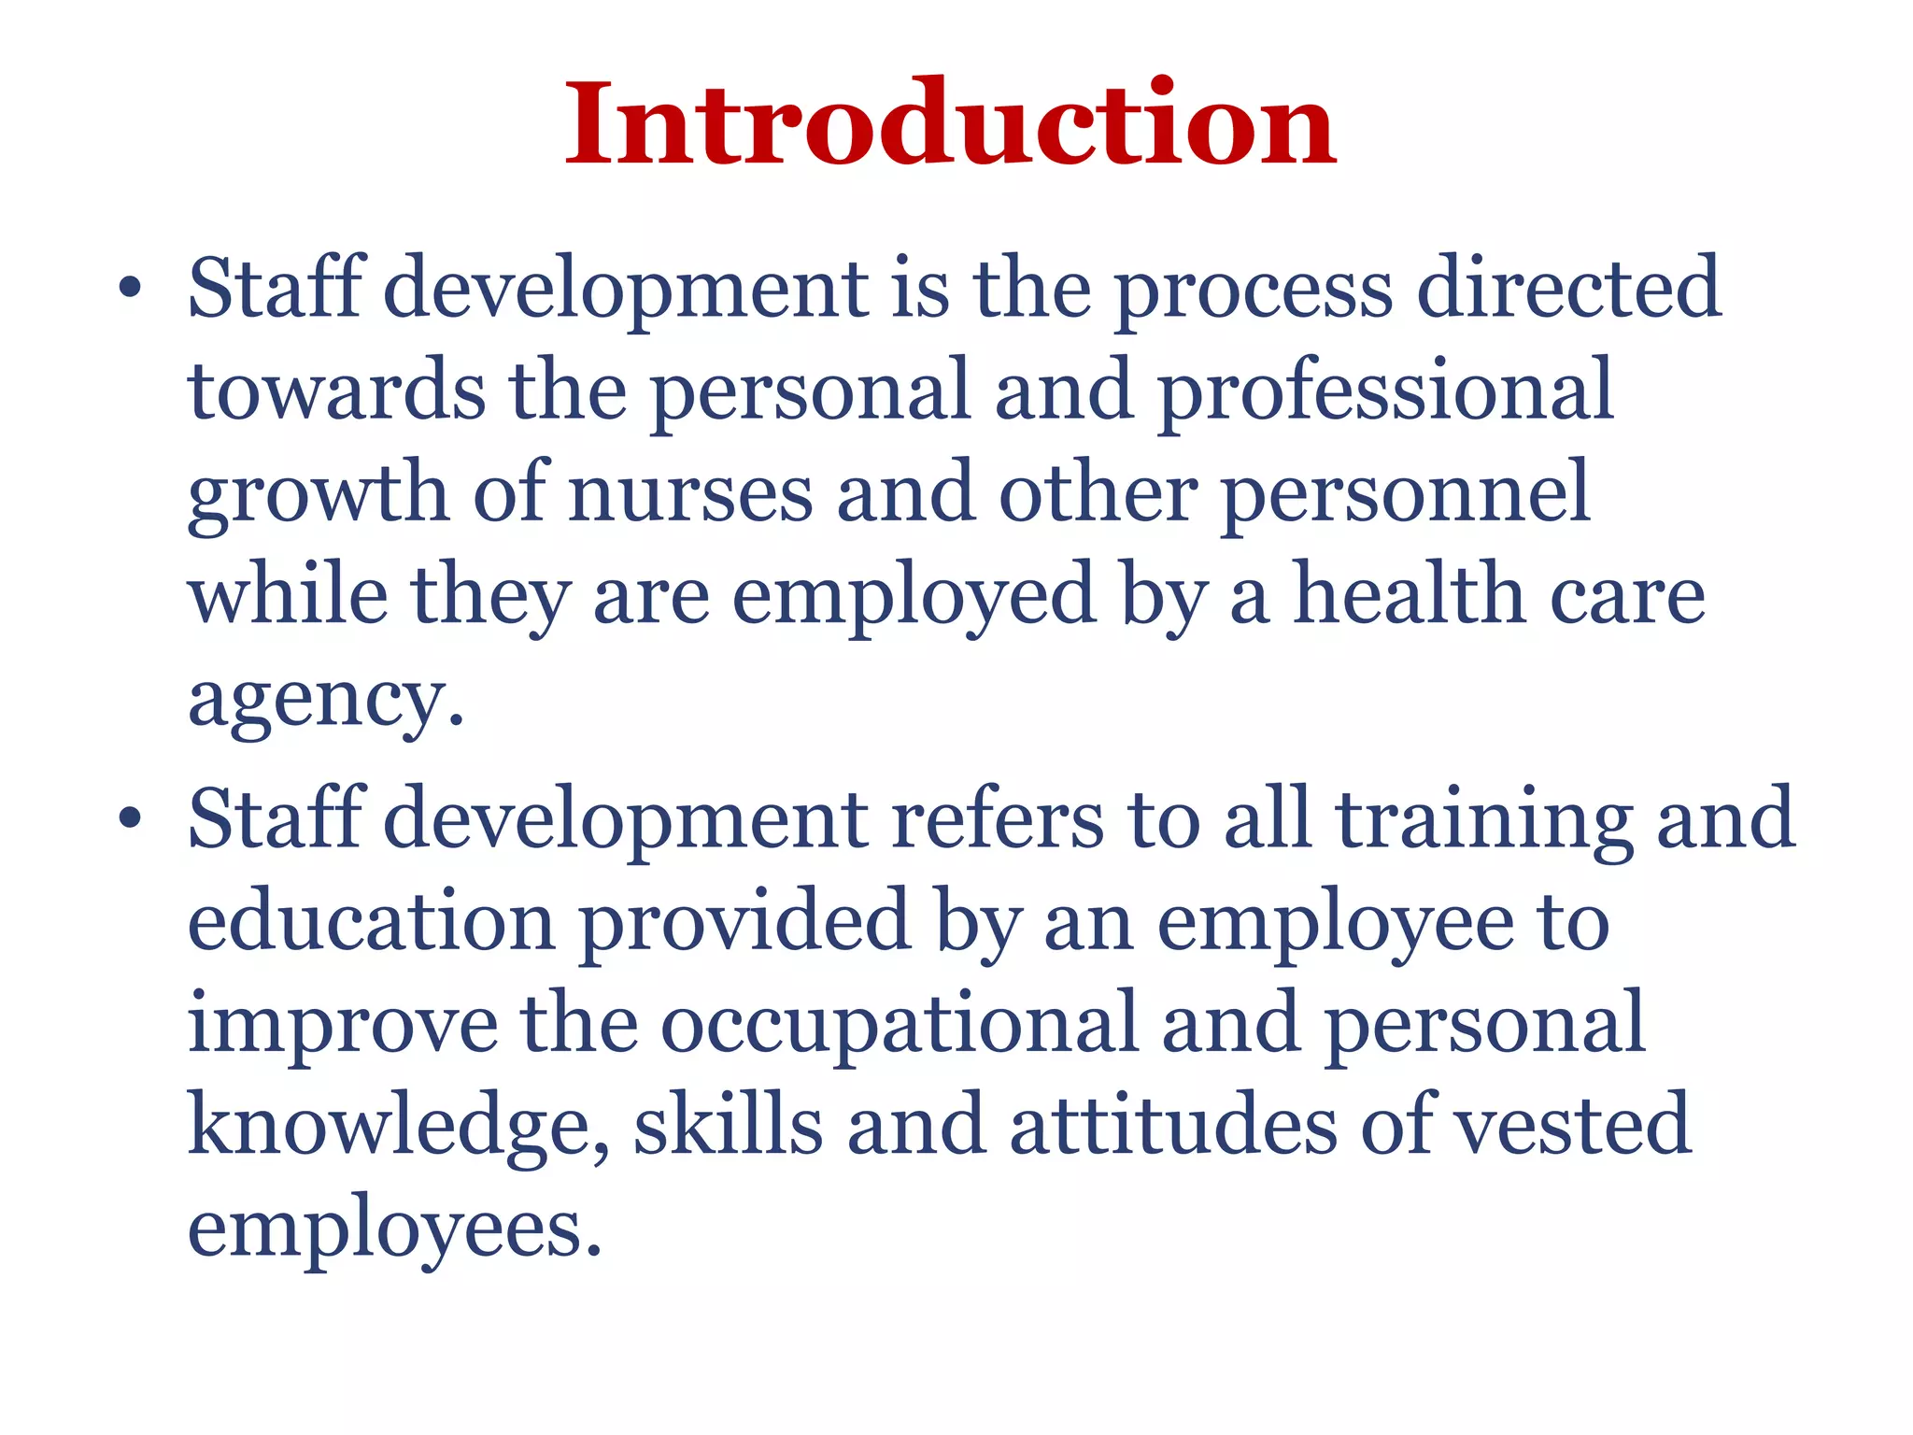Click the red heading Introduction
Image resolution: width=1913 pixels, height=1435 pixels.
pos(951,124)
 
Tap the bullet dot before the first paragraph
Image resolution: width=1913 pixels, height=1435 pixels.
pos(130,289)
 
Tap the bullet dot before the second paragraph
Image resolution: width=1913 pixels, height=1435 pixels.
pos(130,819)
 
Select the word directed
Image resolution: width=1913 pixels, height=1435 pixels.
pos(1568,288)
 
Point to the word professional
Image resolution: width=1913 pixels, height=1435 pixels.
pos(1386,392)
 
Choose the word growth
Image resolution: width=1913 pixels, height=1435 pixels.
pos(318,495)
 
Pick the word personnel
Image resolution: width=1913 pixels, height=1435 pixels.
pos(1406,495)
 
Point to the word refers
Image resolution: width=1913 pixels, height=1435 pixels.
pos(998,819)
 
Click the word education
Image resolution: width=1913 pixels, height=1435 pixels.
pos(372,921)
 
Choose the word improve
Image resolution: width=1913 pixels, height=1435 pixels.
pos(343,1025)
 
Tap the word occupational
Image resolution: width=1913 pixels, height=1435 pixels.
pos(900,1025)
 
